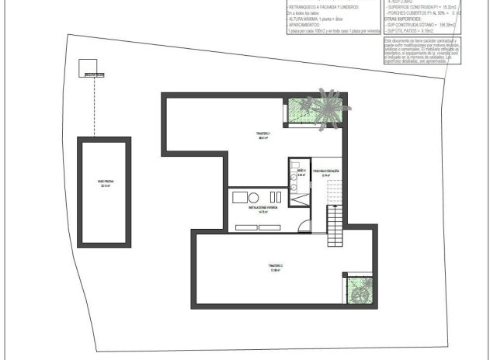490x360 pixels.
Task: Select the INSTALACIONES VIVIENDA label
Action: (263, 210)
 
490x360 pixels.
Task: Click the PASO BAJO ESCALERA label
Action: (325, 171)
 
